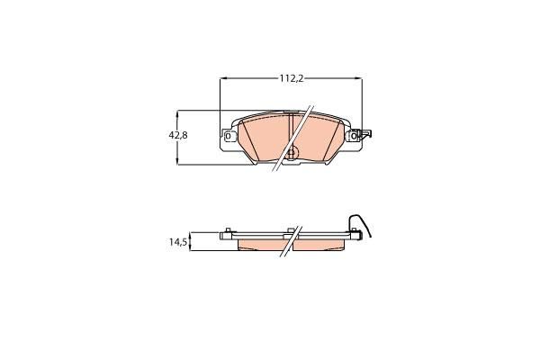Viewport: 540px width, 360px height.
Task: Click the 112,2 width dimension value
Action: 290,79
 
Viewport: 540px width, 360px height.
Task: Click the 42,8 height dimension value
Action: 178,135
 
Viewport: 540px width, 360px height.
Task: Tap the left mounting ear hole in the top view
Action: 227,137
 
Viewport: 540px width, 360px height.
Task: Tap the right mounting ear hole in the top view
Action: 356,137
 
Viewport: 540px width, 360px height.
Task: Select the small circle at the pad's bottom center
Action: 291,153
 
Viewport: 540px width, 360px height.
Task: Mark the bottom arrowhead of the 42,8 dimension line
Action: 178,161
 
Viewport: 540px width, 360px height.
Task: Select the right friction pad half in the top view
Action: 324,139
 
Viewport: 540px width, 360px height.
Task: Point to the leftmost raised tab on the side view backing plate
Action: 230,229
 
